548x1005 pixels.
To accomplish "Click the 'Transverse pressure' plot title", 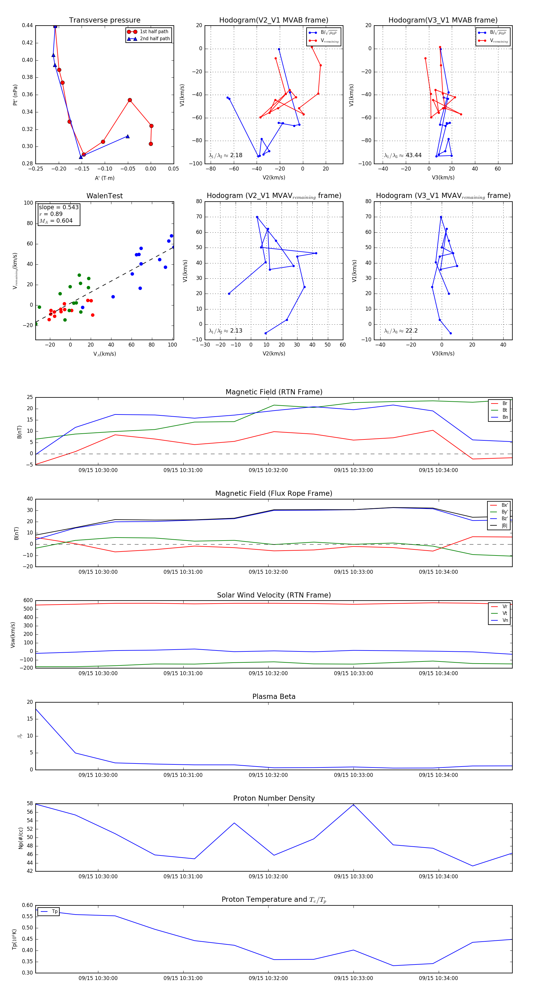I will point(104,20).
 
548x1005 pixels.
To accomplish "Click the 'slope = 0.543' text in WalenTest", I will point(58,207).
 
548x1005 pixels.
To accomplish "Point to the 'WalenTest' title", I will point(104,196).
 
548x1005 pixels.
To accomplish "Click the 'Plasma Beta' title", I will point(274,696).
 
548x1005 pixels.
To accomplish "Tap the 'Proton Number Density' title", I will point(274,798).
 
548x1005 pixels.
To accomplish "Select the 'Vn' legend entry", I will point(505,620).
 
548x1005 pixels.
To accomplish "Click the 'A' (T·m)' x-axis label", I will point(104,178).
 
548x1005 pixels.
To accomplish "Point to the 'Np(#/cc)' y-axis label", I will point(21,838).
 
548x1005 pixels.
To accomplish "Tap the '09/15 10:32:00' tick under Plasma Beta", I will point(268,775).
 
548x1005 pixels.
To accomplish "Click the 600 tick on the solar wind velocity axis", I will point(28,601).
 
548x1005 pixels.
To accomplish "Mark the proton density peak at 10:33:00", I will point(353,805).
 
